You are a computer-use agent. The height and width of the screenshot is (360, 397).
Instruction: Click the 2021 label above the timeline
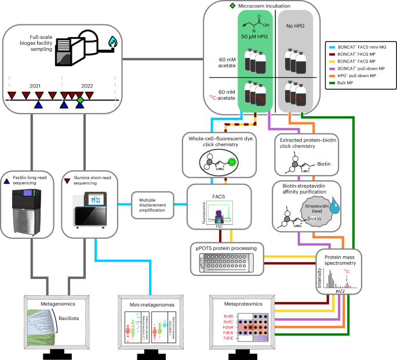coord(35,86)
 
